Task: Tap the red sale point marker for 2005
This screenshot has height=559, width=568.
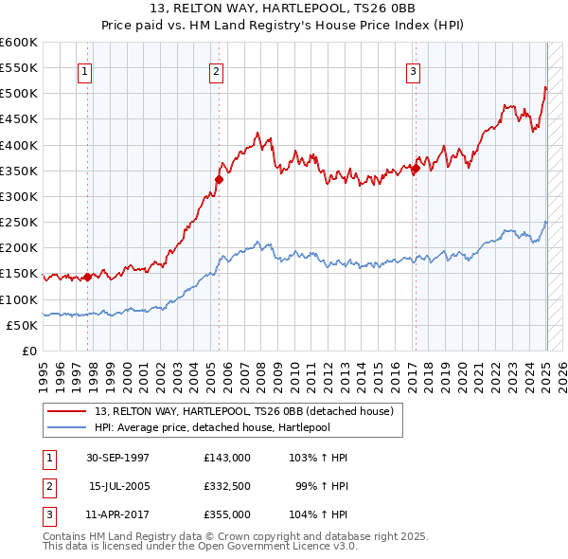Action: click(x=219, y=178)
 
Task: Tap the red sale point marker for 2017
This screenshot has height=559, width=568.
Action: click(x=415, y=169)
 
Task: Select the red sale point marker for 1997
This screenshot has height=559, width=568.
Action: click(x=87, y=277)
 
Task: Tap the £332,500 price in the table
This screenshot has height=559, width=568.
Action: click(x=227, y=486)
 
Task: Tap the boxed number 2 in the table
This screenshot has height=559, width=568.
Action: click(x=46, y=486)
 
